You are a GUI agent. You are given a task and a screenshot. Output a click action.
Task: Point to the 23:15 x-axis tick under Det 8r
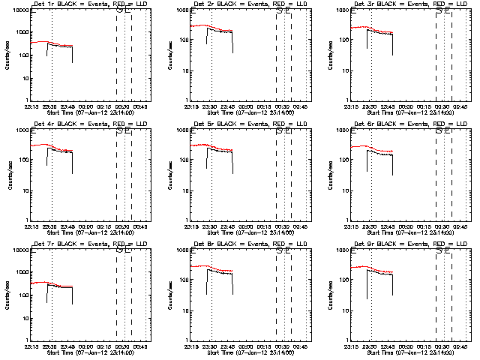(192, 347)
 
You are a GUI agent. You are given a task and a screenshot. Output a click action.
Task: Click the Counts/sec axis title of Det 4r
(6, 175)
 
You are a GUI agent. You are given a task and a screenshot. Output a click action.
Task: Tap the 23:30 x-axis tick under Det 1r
(50, 107)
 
